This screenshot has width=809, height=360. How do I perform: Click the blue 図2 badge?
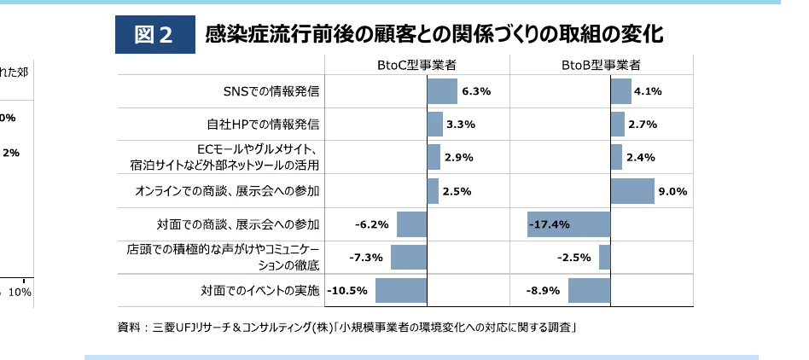tap(154, 34)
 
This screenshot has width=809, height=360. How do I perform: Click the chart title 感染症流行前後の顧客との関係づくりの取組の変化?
tap(434, 34)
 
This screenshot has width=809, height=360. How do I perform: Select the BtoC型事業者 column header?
tap(416, 65)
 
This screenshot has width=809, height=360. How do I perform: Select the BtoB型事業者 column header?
tap(602, 65)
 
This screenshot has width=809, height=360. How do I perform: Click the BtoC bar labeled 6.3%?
tap(442, 91)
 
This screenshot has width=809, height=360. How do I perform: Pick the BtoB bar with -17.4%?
tap(569, 224)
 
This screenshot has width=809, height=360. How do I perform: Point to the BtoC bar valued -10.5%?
tap(401, 290)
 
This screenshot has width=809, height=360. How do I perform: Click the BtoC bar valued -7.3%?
tap(409, 257)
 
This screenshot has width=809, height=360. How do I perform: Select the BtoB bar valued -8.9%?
tap(590, 290)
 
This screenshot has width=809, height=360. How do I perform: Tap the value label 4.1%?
tap(649, 91)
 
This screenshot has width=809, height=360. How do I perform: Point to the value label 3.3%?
tap(460, 125)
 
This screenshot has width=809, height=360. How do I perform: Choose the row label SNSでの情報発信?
tap(271, 91)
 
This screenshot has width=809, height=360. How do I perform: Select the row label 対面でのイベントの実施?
tap(256, 291)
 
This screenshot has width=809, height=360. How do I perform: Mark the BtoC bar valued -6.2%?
tap(411, 224)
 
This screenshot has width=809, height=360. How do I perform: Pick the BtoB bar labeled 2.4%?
tap(616, 158)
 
